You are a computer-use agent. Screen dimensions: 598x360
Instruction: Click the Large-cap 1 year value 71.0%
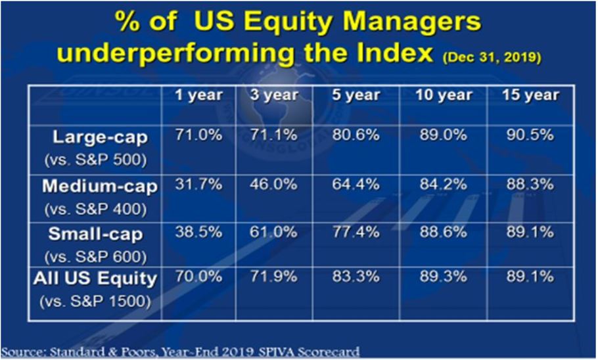(198, 135)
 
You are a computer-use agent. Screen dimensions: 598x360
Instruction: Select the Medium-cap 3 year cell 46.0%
(274, 184)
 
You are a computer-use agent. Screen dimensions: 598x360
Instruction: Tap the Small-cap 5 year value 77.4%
(356, 232)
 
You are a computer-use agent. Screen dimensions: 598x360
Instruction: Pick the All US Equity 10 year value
(444, 277)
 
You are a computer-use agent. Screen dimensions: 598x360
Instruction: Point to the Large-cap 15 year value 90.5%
(530, 135)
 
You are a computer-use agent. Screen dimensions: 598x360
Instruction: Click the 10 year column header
(444, 95)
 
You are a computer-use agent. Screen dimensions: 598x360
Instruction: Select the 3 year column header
(274, 95)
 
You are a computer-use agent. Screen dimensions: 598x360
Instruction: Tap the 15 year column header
(530, 95)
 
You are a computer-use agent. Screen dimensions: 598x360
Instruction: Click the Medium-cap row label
(100, 187)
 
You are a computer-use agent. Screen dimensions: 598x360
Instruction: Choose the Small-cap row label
(96, 234)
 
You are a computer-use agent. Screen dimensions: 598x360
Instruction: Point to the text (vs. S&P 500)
(96, 160)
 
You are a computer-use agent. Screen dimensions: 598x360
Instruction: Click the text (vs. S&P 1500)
(96, 302)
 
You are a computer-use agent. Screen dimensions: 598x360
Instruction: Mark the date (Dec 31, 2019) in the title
(492, 57)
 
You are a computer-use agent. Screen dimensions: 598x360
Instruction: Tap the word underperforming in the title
(176, 53)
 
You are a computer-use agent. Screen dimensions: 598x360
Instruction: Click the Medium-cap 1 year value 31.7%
(198, 184)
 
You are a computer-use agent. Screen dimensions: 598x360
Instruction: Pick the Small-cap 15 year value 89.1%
(530, 232)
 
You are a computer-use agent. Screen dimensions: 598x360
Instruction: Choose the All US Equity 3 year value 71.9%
(274, 277)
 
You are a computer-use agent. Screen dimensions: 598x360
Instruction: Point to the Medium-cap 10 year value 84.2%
(444, 184)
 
